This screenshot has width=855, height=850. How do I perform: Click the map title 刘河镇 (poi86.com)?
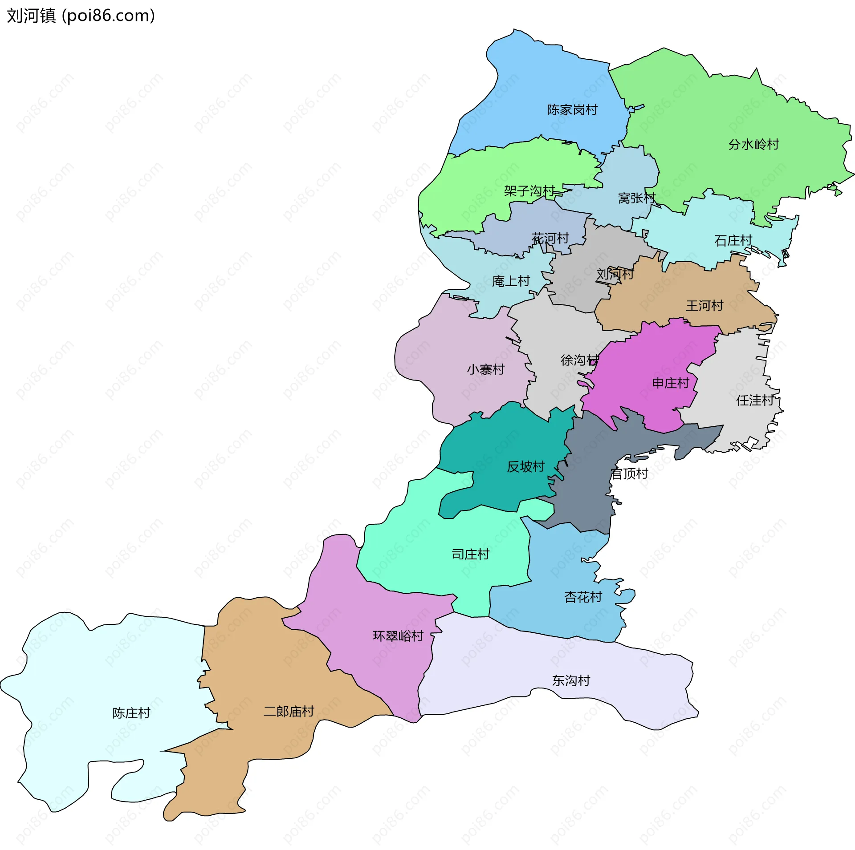point(81,16)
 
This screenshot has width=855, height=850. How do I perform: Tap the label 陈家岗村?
point(572,109)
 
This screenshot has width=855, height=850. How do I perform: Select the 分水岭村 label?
point(753,144)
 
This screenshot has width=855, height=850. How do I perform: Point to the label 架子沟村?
point(529,191)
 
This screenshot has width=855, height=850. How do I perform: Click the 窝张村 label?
point(637,198)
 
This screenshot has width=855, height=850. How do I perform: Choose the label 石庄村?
point(733,241)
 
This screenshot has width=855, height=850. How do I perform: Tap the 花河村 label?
point(550,239)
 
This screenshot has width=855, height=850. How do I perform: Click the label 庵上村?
point(511,281)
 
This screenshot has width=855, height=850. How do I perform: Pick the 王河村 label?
point(704,306)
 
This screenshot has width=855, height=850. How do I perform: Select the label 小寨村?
point(485,369)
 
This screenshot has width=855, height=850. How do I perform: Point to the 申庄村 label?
point(670,383)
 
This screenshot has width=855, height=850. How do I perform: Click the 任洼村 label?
point(755,401)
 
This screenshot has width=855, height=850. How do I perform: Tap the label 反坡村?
point(526,466)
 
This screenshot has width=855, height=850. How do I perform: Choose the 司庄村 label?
point(470,554)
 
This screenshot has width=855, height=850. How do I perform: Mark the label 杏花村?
point(583,597)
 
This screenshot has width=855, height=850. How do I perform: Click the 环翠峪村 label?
point(398,636)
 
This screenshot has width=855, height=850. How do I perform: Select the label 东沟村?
point(571,680)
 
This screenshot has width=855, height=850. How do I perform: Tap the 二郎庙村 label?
point(289,712)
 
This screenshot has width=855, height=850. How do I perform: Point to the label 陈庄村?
point(131,713)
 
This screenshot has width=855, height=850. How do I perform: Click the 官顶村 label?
point(629,474)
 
